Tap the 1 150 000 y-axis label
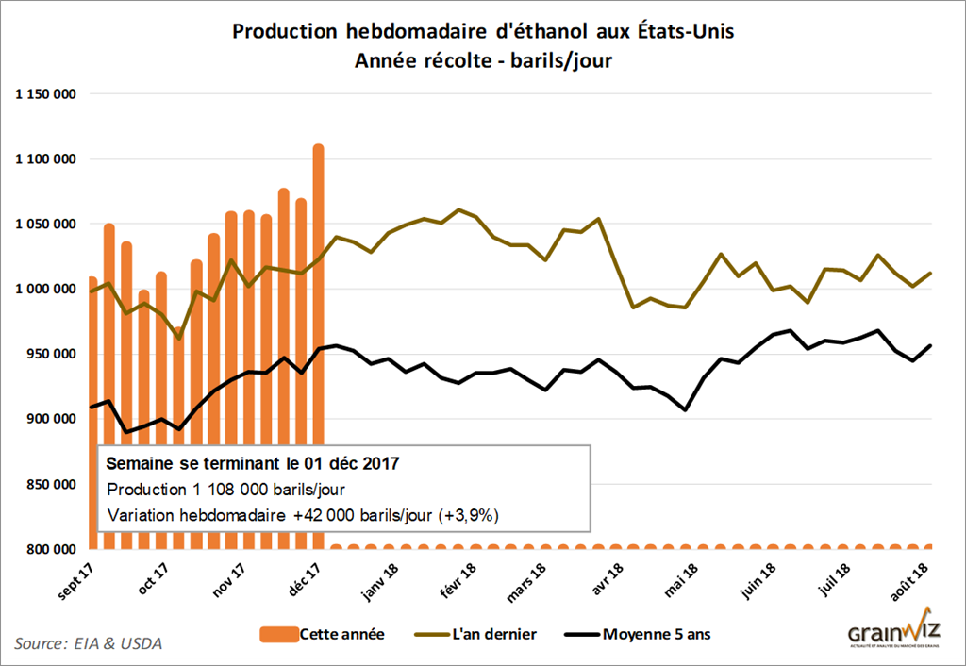point(44,94)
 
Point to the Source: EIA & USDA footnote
point(88,643)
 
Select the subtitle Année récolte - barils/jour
point(483,59)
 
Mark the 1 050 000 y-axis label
point(44,225)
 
